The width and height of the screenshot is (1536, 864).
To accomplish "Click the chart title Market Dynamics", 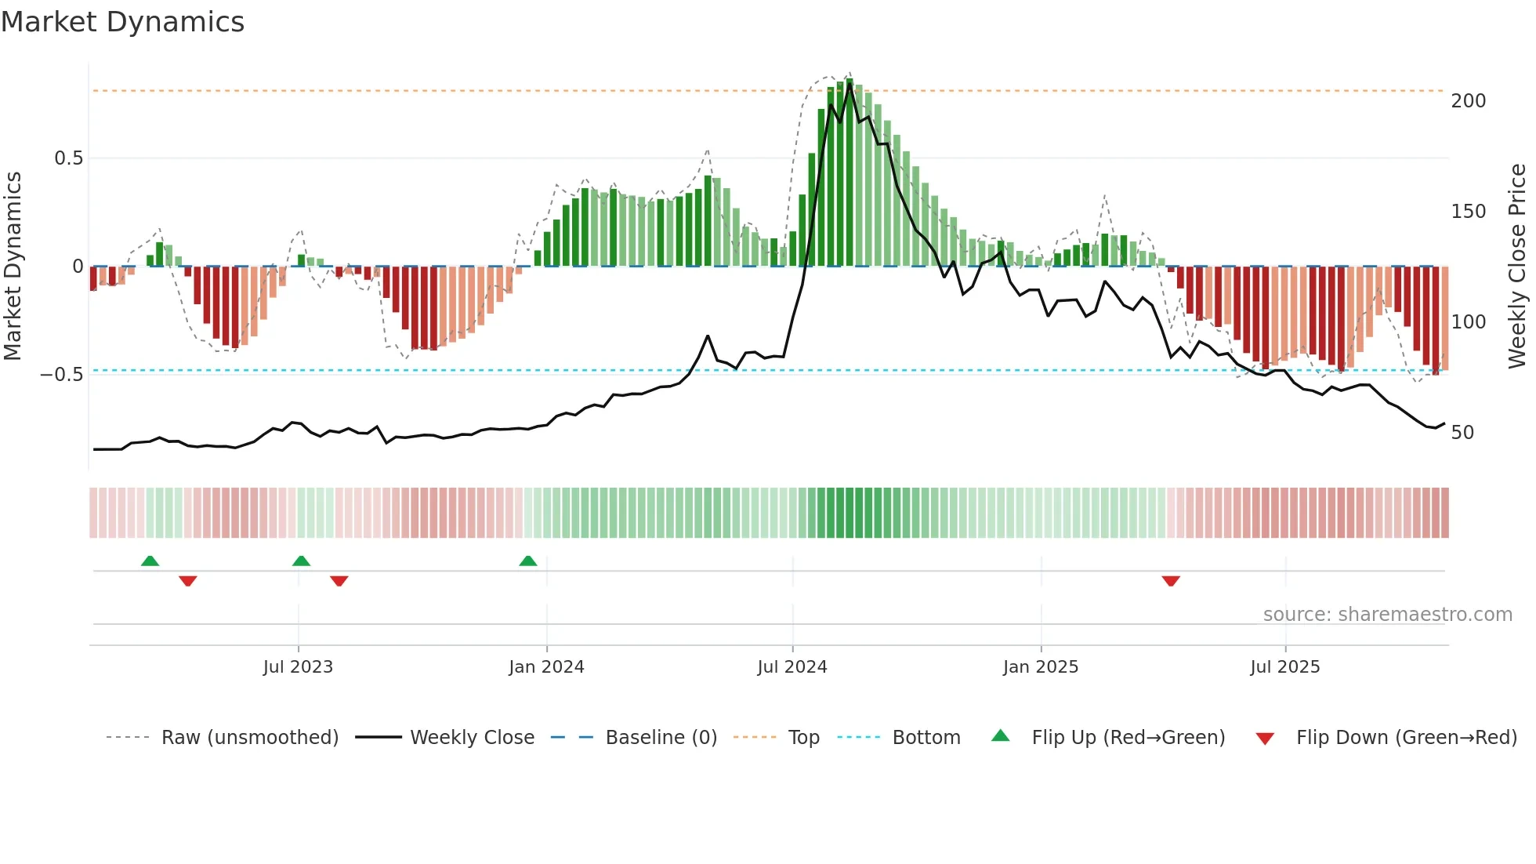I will click(x=123, y=22).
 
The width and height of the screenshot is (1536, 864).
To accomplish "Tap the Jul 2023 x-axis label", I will click(x=298, y=667).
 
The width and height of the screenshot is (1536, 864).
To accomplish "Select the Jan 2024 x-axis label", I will click(x=546, y=667).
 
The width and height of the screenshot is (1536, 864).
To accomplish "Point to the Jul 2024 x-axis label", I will click(x=792, y=667).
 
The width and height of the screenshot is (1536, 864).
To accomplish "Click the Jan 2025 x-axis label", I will click(x=1041, y=667).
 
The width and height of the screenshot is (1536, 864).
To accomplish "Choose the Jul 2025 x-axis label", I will click(x=1285, y=667).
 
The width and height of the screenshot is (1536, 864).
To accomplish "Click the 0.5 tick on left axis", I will click(x=69, y=158).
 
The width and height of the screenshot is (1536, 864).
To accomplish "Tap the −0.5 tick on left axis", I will click(x=62, y=375).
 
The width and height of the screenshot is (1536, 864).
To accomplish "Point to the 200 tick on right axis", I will click(x=1469, y=101).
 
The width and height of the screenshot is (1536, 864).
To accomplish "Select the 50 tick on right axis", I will click(x=1462, y=433).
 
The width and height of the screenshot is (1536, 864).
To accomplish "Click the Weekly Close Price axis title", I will click(x=1518, y=267).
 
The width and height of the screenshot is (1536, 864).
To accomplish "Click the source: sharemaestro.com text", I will click(x=1388, y=615).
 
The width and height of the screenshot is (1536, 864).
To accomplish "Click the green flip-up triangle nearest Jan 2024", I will click(x=528, y=561).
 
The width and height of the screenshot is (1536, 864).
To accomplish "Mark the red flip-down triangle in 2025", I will click(x=1171, y=581).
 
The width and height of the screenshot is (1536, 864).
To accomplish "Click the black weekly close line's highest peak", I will click(x=850, y=85).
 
